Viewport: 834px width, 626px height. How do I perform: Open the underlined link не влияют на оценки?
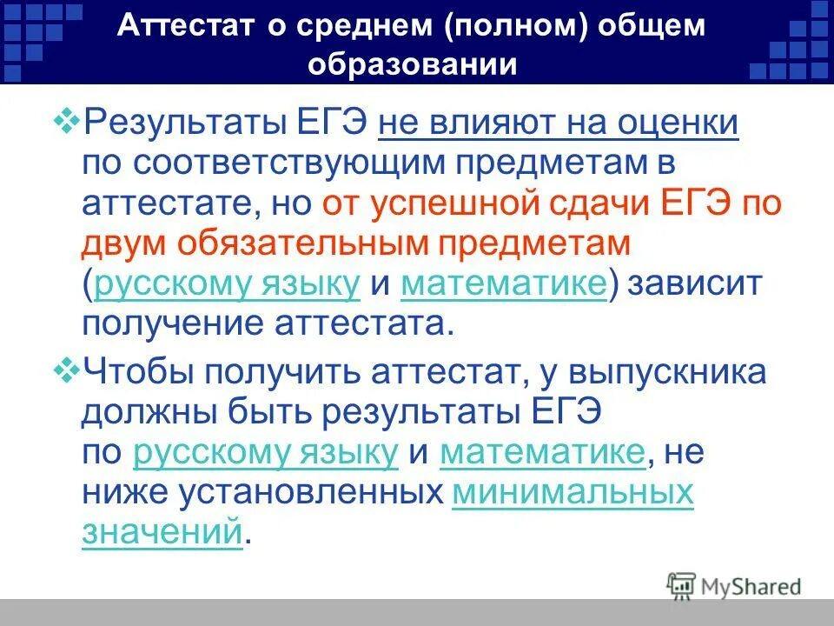pos(559,123)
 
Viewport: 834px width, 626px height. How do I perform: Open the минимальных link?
pos(573,493)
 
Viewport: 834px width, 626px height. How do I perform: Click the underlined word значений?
pos(161,531)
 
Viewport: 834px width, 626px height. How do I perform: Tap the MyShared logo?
pos(734,585)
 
